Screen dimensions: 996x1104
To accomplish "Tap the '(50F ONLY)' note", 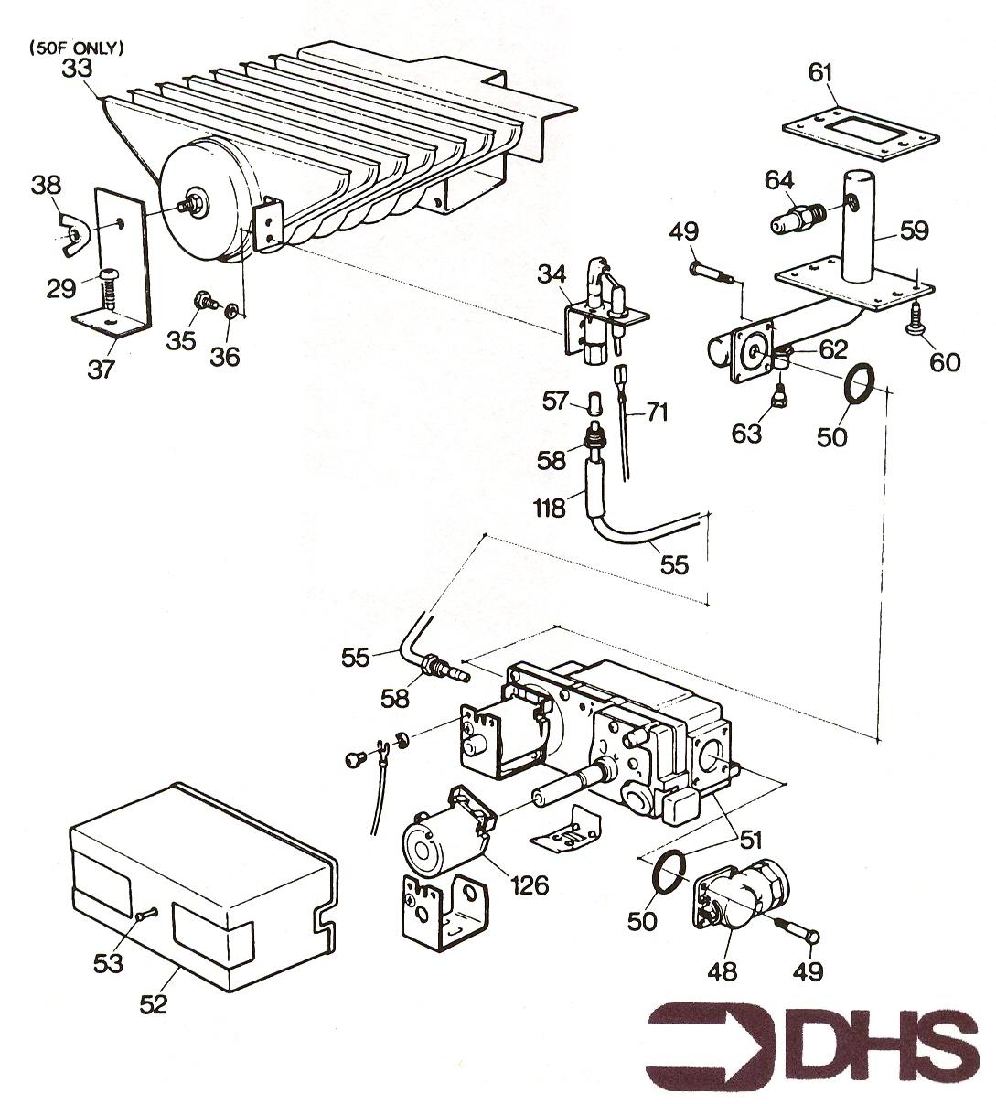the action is tap(77, 48).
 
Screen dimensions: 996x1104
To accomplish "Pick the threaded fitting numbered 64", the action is tap(796, 219).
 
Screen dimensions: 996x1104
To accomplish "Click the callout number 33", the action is tap(77, 69).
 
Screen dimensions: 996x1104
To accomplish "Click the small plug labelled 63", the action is tap(778, 394).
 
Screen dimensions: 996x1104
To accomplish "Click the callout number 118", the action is tap(549, 508).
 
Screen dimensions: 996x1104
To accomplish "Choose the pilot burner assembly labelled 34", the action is tap(602, 315).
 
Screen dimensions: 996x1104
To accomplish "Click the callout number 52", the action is tap(153, 1004).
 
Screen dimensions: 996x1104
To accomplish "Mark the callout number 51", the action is tap(751, 841).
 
